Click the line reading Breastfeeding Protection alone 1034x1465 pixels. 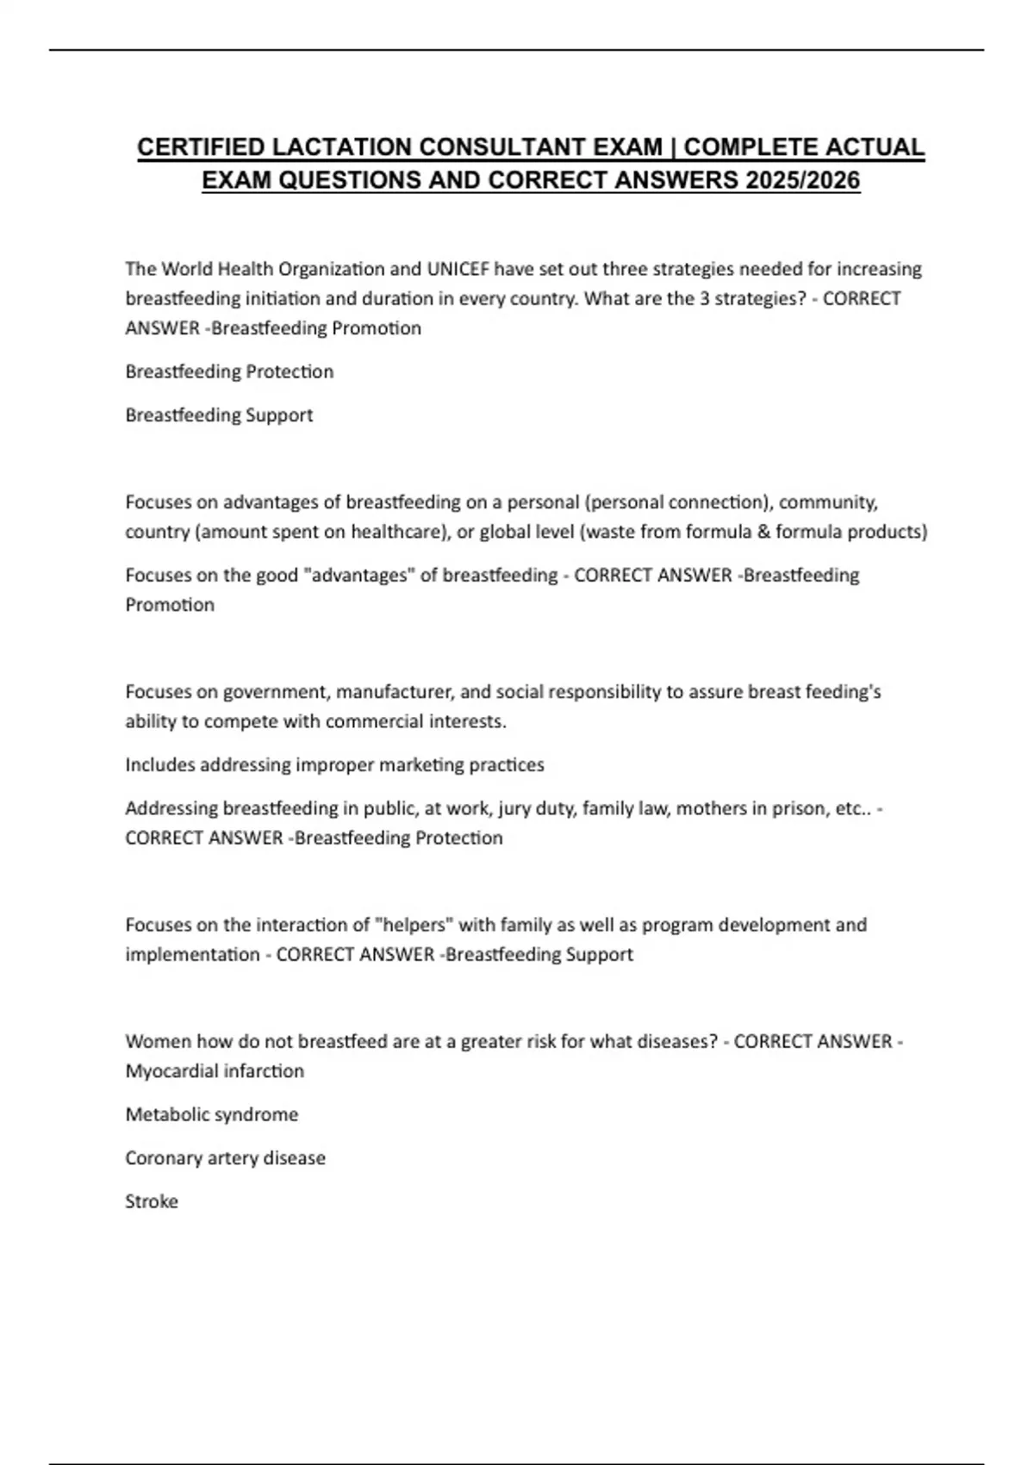pos(229,371)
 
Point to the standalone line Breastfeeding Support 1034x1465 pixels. pos(219,415)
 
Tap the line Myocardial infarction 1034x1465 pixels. pos(215,1070)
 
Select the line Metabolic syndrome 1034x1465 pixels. pos(212,1114)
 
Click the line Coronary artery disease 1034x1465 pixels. pos(225,1157)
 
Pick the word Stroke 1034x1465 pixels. pos(152,1201)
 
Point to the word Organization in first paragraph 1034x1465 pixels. pos(333,269)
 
